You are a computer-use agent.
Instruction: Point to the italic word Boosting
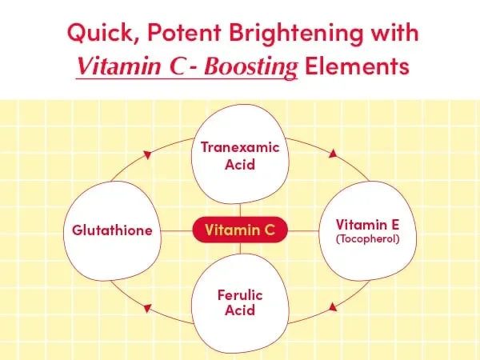point(250,66)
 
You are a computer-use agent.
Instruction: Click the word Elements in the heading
point(357,66)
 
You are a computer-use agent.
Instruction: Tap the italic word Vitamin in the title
point(119,66)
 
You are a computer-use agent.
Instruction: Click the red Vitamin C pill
point(240,230)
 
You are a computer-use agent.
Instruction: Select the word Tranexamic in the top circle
point(240,147)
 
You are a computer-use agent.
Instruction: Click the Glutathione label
point(112,230)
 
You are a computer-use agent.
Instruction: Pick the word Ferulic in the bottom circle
point(240,295)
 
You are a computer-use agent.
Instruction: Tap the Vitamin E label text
point(367,225)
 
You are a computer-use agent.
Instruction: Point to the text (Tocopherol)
point(368,238)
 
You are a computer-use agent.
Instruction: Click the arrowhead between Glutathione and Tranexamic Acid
point(147,154)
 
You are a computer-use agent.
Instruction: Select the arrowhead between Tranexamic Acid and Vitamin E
point(333,154)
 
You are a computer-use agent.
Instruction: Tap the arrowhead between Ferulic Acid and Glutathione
point(147,308)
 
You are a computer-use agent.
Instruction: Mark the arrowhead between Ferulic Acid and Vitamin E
point(333,307)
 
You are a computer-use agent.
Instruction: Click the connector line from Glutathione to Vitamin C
point(177,231)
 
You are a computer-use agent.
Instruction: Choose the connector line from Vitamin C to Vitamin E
point(303,231)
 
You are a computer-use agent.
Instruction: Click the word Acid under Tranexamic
point(240,164)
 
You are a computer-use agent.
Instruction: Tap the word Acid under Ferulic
point(240,310)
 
